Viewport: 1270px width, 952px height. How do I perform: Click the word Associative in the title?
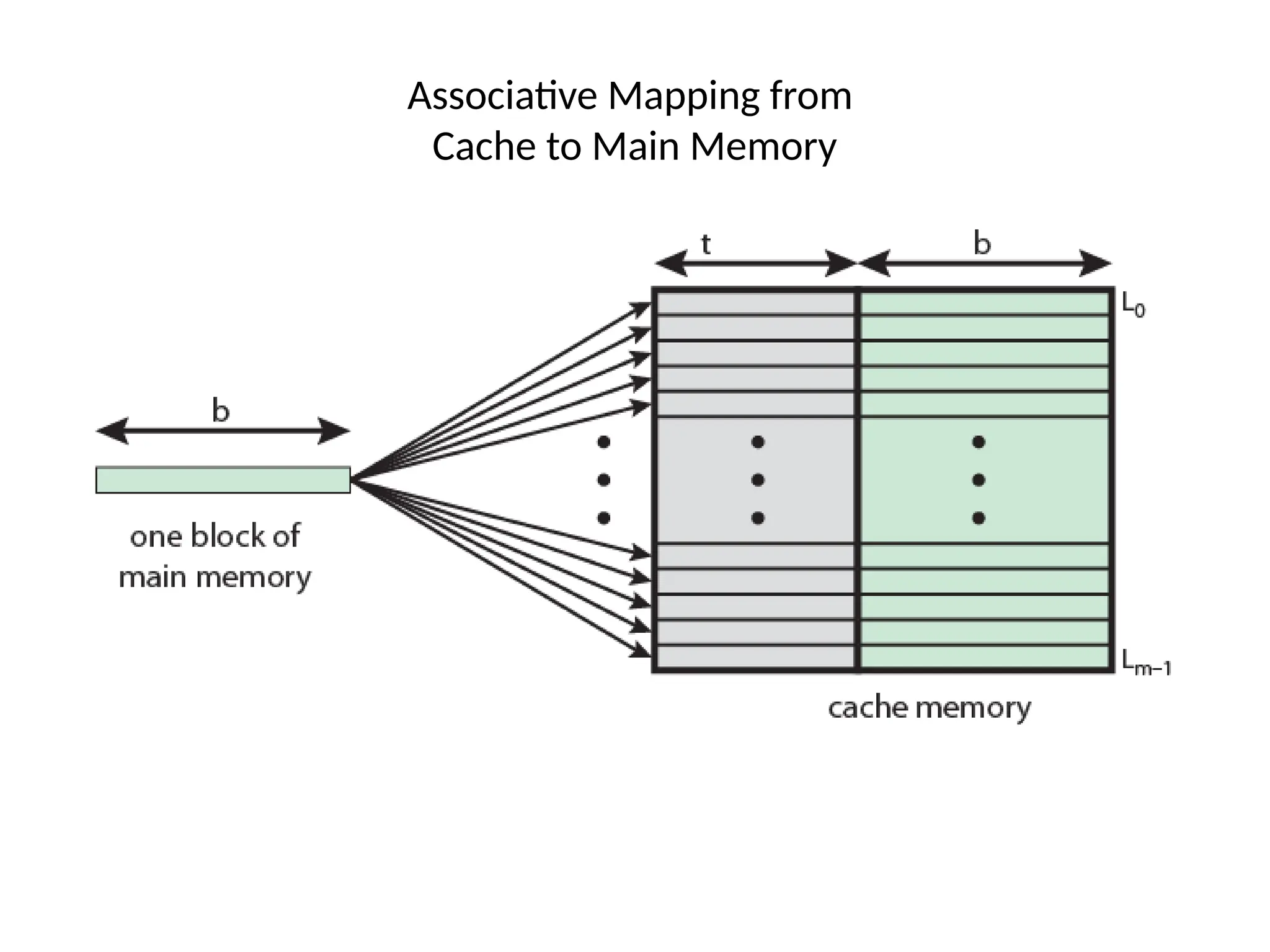[x=502, y=97]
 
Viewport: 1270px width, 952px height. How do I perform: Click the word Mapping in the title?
[x=683, y=97]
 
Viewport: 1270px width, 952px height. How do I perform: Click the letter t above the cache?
[x=706, y=245]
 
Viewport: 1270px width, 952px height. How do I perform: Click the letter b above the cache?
[x=982, y=243]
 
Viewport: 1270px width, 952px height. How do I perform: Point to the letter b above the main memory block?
[x=221, y=411]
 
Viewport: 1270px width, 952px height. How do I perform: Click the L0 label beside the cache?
[x=1134, y=305]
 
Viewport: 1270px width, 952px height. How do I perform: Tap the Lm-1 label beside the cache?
[x=1146, y=663]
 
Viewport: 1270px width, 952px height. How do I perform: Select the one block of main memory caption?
[x=215, y=557]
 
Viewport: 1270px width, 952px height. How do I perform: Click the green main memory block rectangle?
[x=223, y=480]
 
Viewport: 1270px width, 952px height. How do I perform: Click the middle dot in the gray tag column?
[x=757, y=480]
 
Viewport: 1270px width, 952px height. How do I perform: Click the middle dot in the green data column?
[x=979, y=480]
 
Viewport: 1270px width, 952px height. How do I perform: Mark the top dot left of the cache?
[x=603, y=442]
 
